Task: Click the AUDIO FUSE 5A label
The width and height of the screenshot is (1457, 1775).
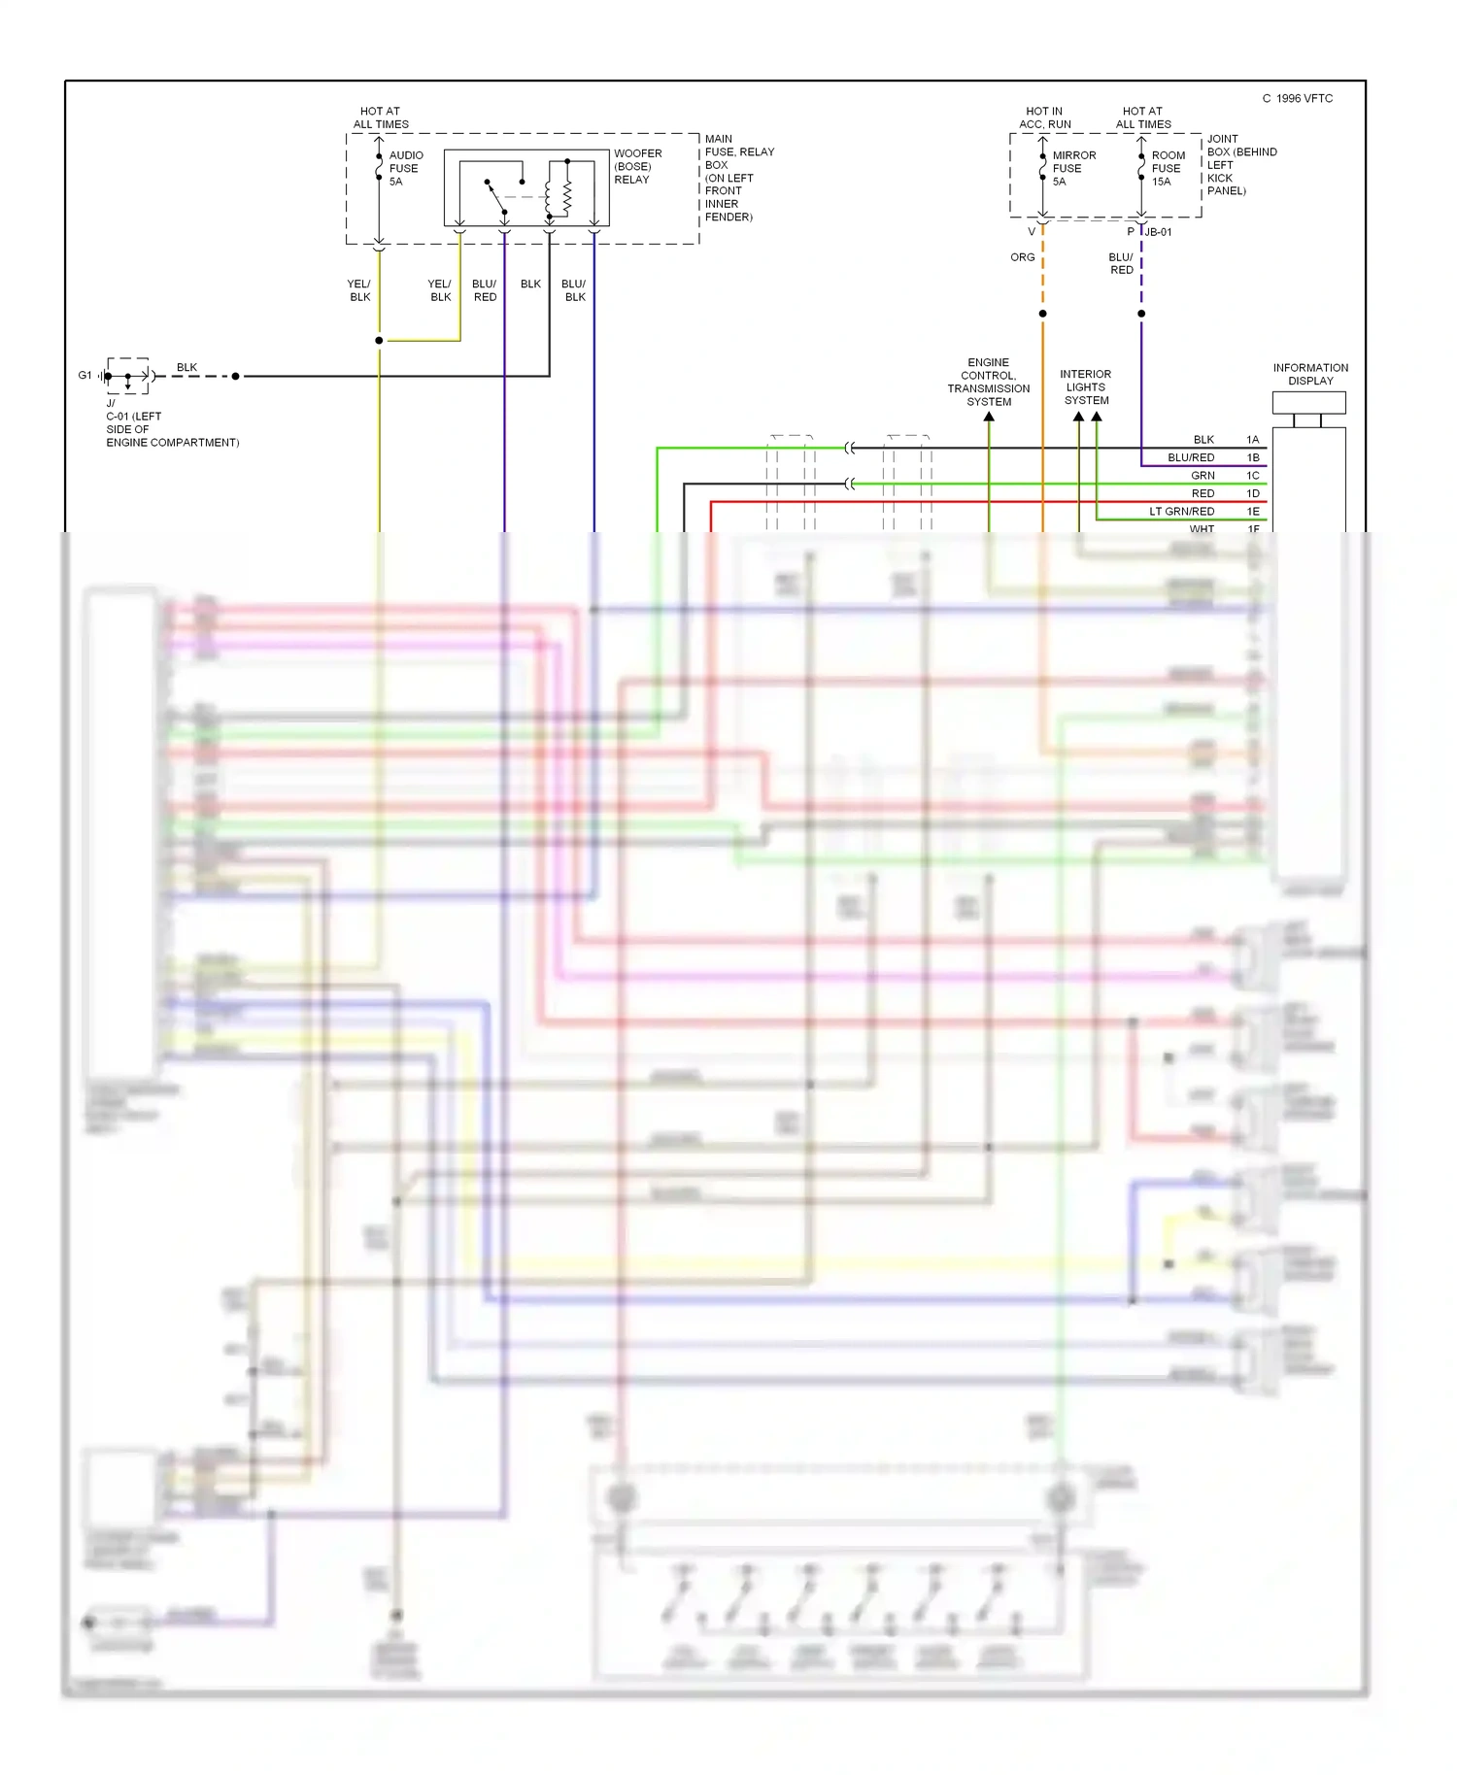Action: point(405,168)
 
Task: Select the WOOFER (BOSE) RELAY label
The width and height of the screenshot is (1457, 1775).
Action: point(637,166)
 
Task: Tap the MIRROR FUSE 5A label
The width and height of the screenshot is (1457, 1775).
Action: point(1073,168)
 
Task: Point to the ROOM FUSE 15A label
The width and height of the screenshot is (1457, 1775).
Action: point(1168,168)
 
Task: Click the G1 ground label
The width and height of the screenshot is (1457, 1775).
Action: point(85,375)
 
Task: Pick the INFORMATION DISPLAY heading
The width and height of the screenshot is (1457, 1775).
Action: point(1310,374)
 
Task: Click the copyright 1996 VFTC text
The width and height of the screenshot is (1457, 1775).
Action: point(1298,98)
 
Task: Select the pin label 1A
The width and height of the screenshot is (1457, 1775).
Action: point(1252,440)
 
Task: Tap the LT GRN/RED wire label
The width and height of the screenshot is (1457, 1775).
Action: point(1181,512)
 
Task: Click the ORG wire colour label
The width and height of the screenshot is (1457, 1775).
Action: point(1022,257)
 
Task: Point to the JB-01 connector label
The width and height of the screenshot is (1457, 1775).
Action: point(1159,232)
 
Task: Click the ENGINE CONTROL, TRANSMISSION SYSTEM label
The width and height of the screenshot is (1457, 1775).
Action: point(988,382)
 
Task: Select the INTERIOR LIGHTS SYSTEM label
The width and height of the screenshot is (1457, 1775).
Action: point(1085,386)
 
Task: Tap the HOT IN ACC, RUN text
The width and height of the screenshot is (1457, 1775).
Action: point(1044,117)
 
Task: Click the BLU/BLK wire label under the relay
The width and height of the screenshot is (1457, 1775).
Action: point(574,290)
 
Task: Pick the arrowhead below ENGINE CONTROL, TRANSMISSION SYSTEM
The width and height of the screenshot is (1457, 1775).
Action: point(989,417)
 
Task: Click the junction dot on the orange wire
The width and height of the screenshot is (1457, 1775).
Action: point(1042,314)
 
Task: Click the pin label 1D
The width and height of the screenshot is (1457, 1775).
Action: point(1252,493)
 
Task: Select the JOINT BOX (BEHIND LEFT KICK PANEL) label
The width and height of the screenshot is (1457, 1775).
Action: point(1240,165)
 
